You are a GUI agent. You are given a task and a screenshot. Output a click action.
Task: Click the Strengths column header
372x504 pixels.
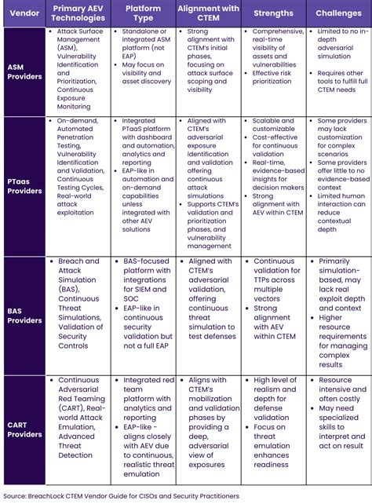272,13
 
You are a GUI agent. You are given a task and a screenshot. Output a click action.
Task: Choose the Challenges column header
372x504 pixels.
337,13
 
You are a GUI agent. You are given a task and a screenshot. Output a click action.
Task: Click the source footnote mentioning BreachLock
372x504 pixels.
128,495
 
